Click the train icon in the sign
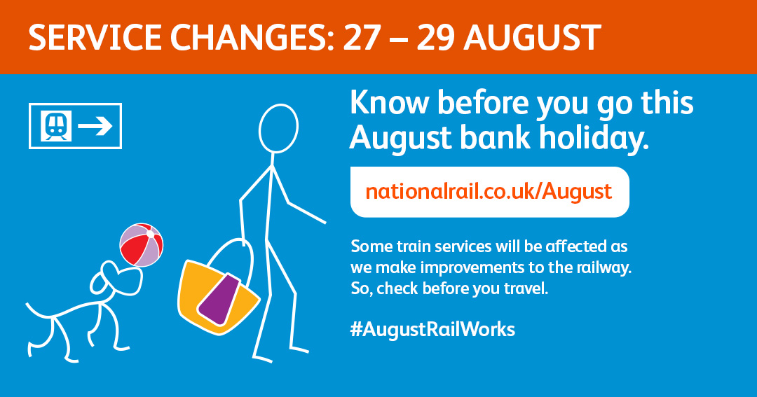pos(56,126)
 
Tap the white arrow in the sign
pos(95,126)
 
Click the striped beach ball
pos(142,245)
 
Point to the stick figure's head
pos(278,129)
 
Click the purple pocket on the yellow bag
pos(220,299)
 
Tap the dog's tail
pos(39,310)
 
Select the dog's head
pos(116,279)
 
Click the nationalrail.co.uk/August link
pos(489,192)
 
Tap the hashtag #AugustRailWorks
pos(432,330)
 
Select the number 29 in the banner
pos(435,38)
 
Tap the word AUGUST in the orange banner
pos(532,38)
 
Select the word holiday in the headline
pos(594,139)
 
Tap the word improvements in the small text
pos(451,268)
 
